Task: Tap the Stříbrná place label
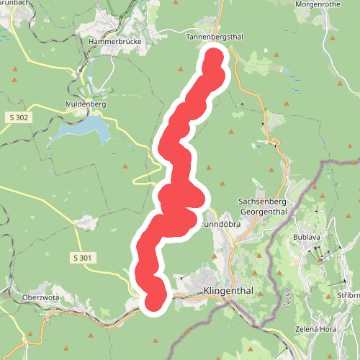click(349, 296)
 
